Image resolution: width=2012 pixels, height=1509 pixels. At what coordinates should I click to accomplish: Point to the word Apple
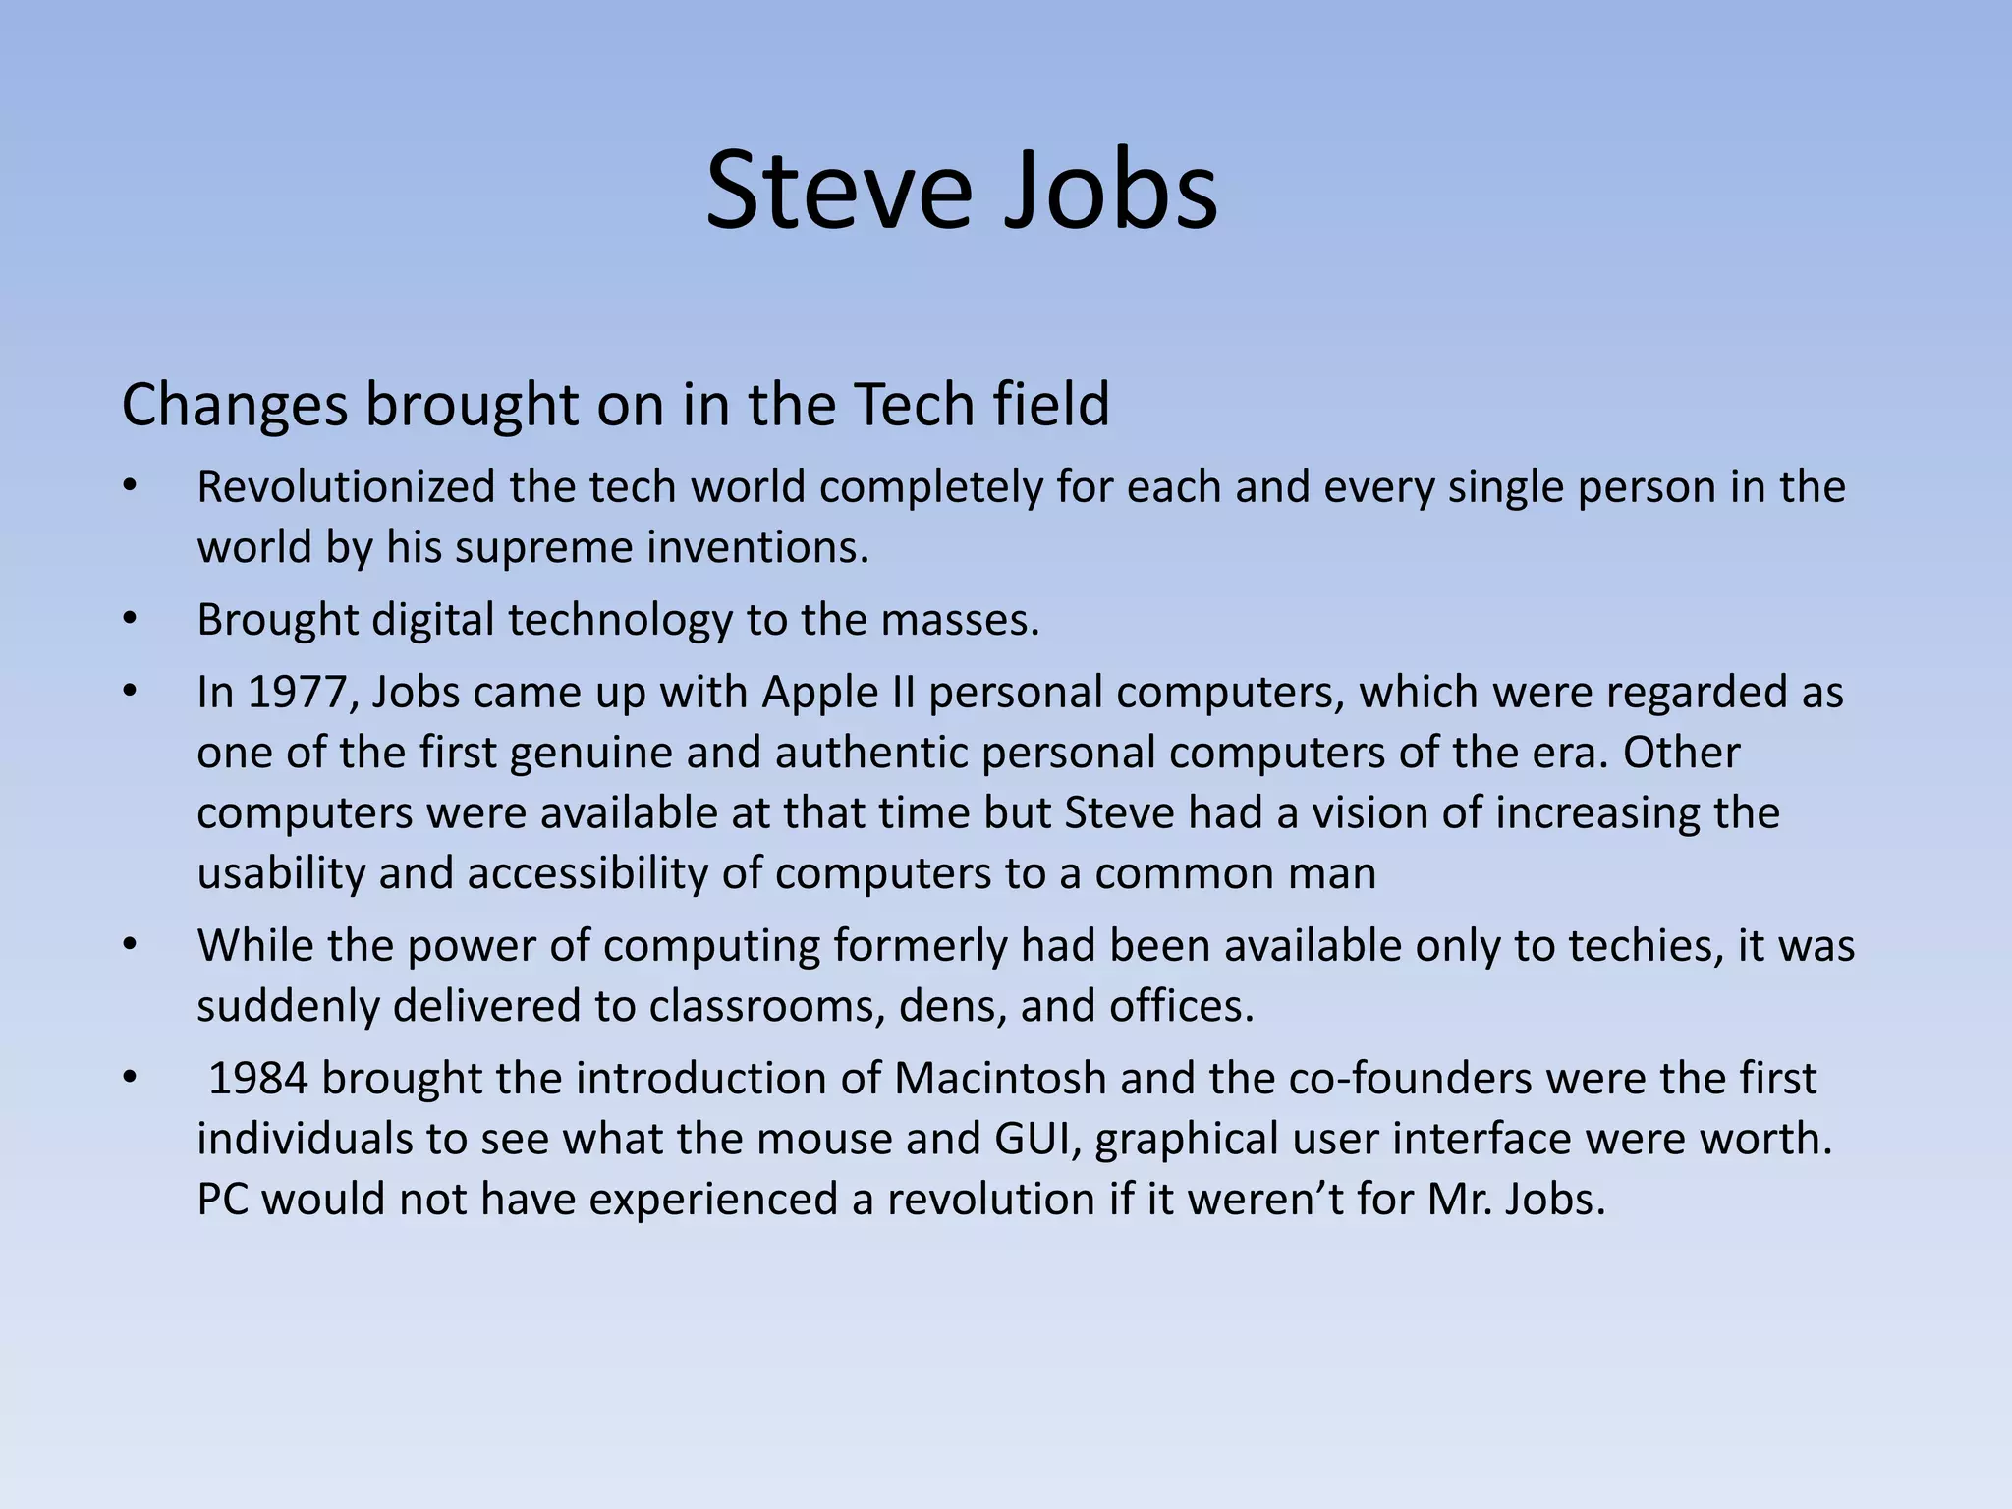[x=819, y=694]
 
